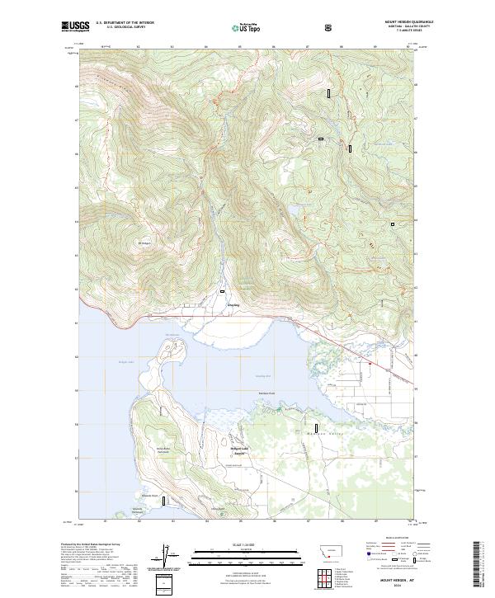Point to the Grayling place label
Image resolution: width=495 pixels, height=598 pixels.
[x=233, y=305]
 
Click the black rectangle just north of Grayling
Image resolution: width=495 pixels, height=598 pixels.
[x=222, y=291]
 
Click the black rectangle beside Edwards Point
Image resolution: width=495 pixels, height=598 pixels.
[x=164, y=500]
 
